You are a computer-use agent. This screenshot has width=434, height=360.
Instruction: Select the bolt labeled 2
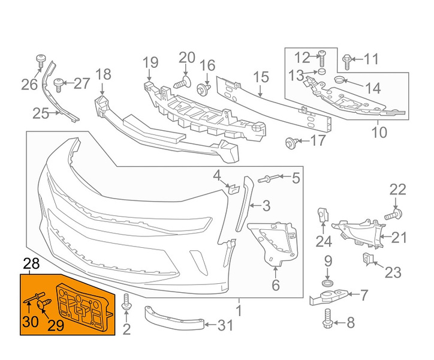click(x=126, y=303)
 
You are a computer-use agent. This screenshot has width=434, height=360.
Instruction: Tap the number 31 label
click(x=207, y=325)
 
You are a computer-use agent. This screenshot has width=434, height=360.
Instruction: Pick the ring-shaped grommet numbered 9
click(x=328, y=282)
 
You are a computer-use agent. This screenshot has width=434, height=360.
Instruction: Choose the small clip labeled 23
click(x=368, y=260)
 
